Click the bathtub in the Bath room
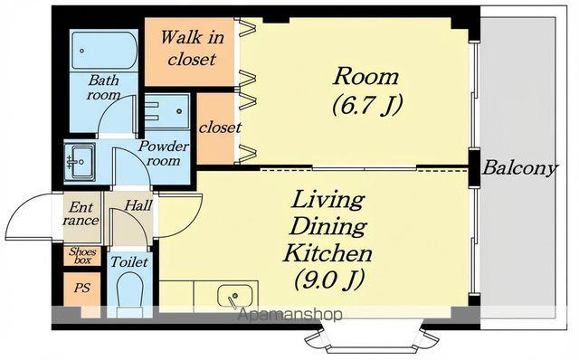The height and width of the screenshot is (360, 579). (x=104, y=51)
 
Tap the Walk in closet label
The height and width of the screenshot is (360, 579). (x=192, y=48)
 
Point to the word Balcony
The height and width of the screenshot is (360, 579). (x=519, y=168)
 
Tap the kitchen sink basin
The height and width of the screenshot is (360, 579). (x=235, y=296)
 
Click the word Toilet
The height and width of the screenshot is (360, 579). (x=128, y=262)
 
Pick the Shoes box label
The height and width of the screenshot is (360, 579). (x=82, y=255)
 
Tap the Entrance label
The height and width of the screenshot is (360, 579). (x=81, y=213)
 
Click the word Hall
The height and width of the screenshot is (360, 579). (x=138, y=205)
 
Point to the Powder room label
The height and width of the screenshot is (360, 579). (x=163, y=153)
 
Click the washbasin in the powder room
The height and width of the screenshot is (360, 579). (x=80, y=161)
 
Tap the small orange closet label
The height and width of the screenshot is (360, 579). (x=220, y=128)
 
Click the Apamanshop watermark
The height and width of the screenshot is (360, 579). (x=290, y=315)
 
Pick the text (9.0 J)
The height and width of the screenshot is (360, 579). (x=329, y=279)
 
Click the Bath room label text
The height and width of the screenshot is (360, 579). (x=104, y=88)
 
